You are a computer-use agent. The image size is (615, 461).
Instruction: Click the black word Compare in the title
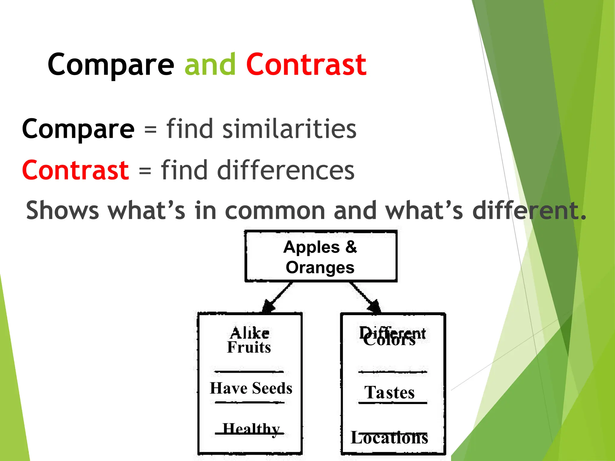(x=111, y=65)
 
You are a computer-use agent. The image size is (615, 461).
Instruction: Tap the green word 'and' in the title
(x=210, y=64)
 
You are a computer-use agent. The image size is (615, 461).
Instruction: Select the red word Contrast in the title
(x=306, y=64)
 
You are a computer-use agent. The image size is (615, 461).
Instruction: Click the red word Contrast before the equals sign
(x=76, y=170)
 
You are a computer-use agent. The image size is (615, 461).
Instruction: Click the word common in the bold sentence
(x=275, y=211)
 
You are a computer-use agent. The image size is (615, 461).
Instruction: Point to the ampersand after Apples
(x=351, y=247)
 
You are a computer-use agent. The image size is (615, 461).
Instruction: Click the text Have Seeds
(x=251, y=388)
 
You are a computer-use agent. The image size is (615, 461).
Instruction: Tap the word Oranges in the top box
(x=320, y=267)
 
